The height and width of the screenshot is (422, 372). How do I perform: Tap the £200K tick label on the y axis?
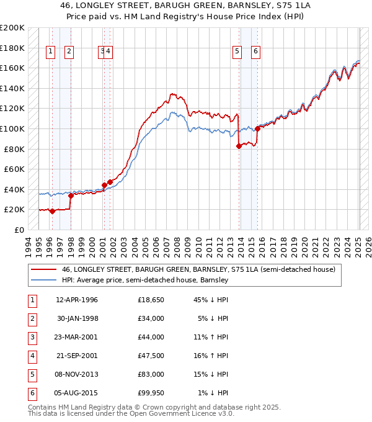[12, 28]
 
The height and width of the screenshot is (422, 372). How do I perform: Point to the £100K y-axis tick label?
[12, 128]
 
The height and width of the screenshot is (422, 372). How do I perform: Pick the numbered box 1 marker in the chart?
[51, 52]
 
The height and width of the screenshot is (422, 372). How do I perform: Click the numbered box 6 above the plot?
[255, 52]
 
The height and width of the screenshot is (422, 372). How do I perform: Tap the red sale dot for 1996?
[53, 211]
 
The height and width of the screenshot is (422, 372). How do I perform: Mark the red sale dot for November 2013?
[239, 146]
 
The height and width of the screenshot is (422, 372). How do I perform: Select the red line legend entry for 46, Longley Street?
[198, 269]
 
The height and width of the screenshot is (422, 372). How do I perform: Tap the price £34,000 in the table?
[151, 319]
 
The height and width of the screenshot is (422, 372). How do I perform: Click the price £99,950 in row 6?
[151, 393]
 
